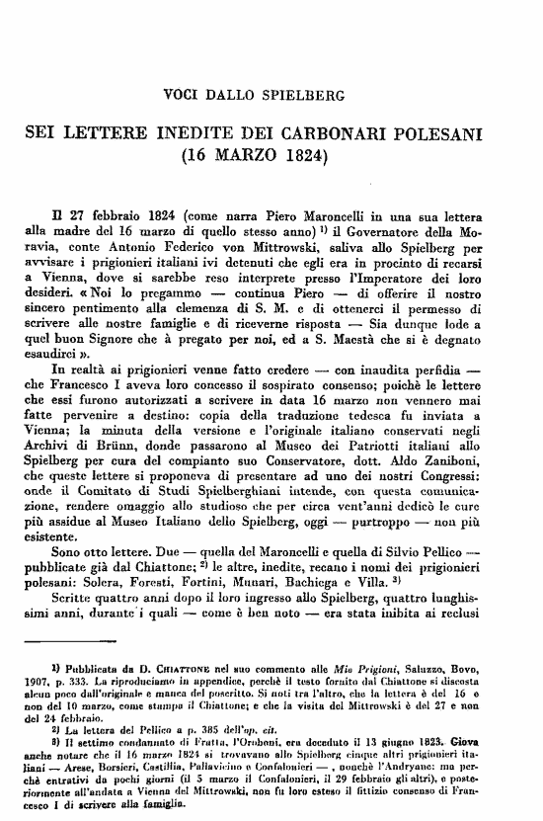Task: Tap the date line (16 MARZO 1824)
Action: [269, 156]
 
